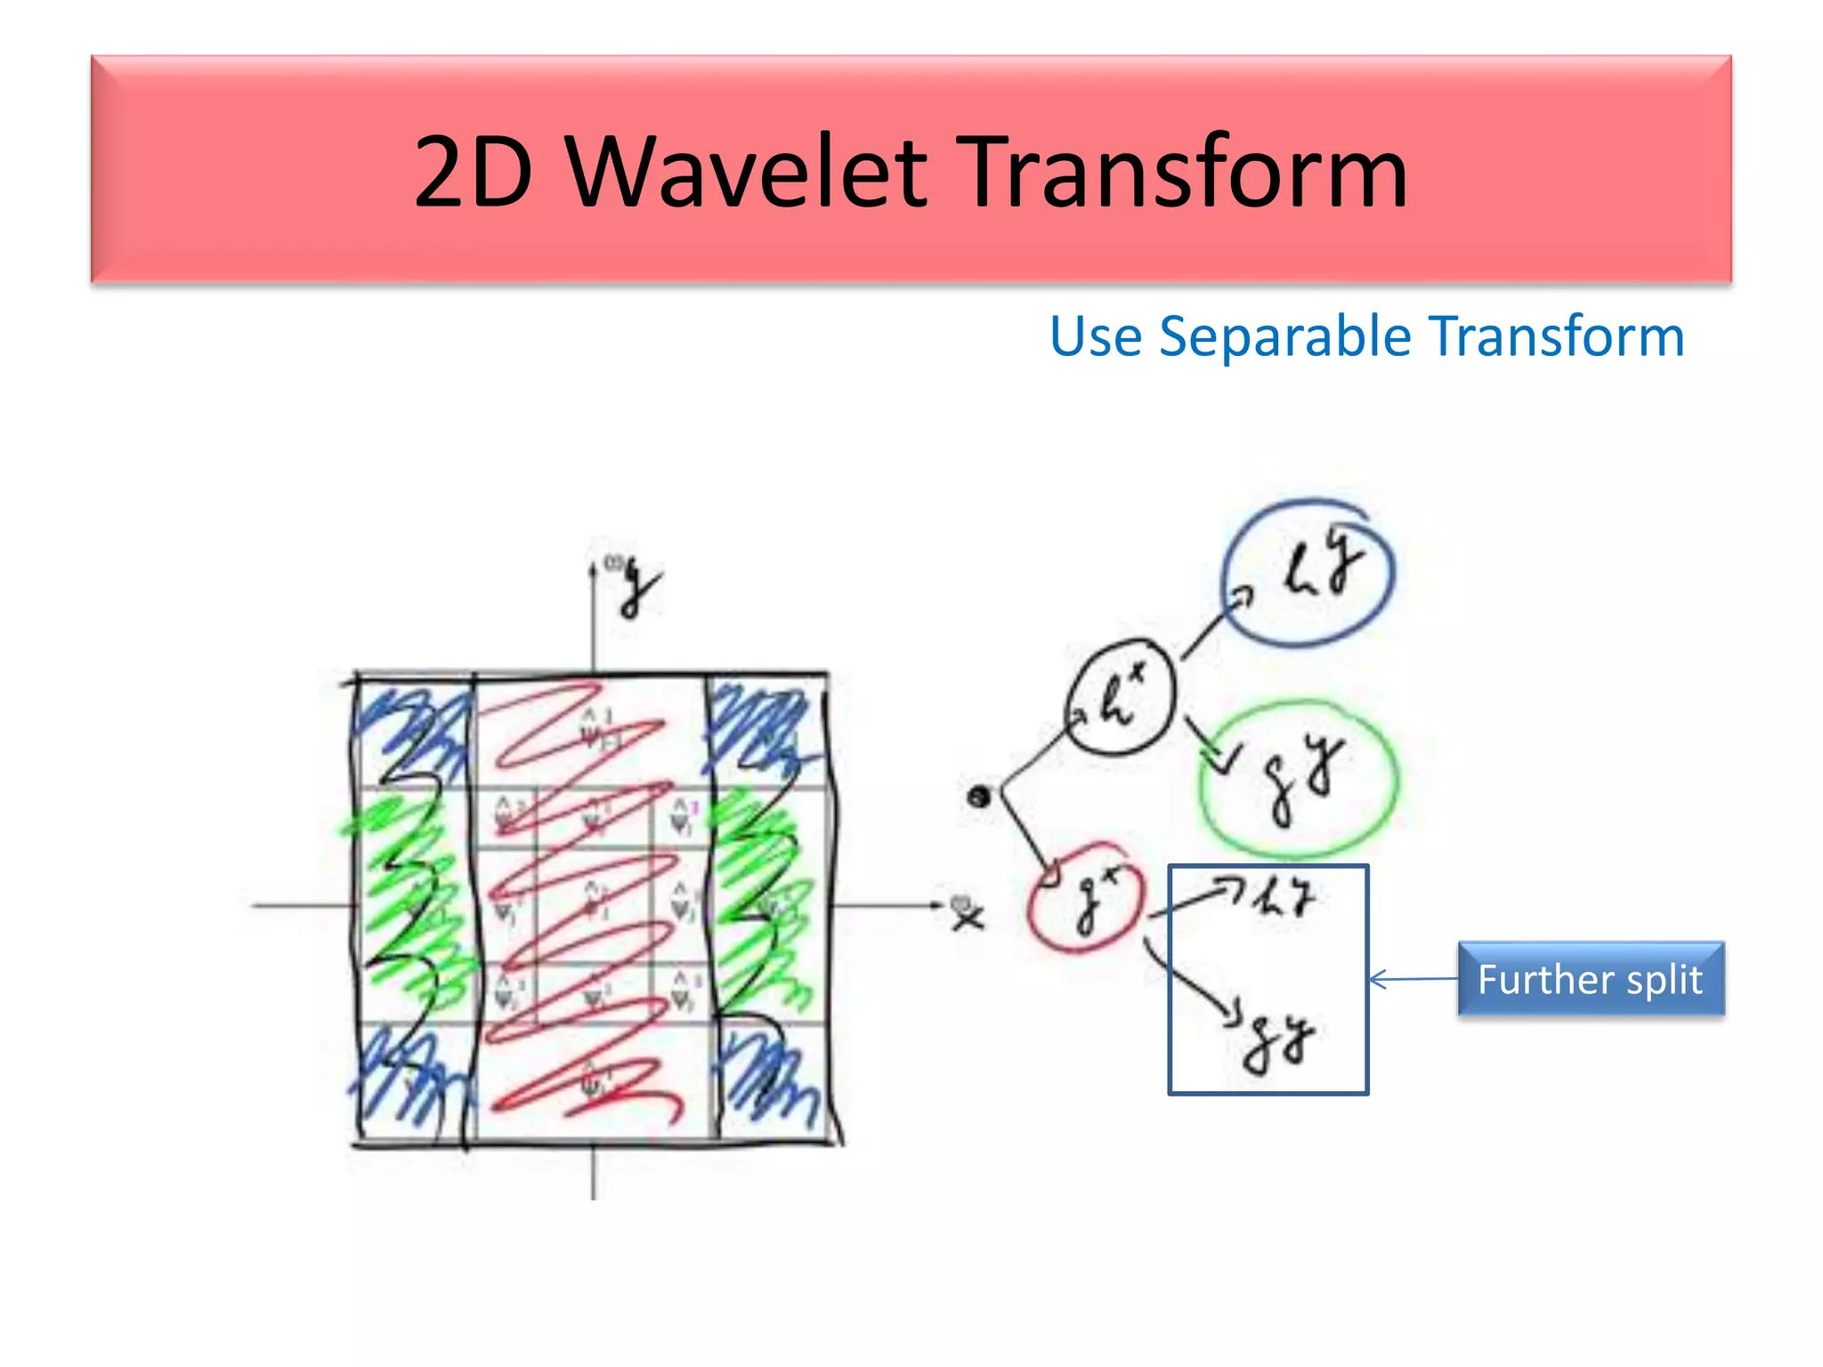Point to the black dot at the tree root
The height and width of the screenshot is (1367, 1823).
click(979, 796)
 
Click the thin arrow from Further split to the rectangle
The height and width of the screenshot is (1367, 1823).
click(1414, 980)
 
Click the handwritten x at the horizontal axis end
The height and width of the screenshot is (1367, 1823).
click(967, 915)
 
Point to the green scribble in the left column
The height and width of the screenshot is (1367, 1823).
click(409, 899)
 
